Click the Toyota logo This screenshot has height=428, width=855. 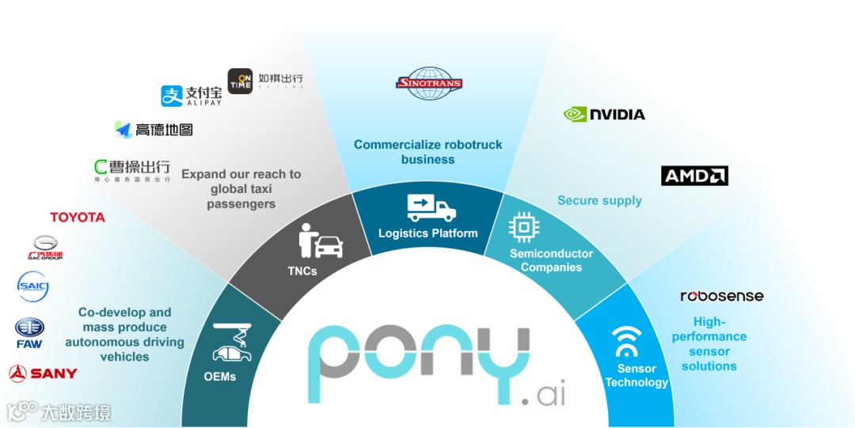[x=78, y=217]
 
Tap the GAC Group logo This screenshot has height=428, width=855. [x=44, y=248]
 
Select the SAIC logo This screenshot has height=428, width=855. [x=33, y=286]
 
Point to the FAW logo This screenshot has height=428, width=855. [x=29, y=332]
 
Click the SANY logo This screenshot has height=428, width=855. [x=43, y=373]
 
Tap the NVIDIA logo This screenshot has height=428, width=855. [x=604, y=114]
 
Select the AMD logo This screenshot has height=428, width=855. [x=694, y=176]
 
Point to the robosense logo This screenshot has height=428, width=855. [x=722, y=296]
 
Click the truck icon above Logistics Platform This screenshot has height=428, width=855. [x=431, y=207]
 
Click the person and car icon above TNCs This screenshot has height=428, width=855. [x=321, y=241]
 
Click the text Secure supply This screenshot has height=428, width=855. [x=599, y=200]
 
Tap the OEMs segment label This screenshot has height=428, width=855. [x=220, y=377]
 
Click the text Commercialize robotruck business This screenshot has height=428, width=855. [x=427, y=152]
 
